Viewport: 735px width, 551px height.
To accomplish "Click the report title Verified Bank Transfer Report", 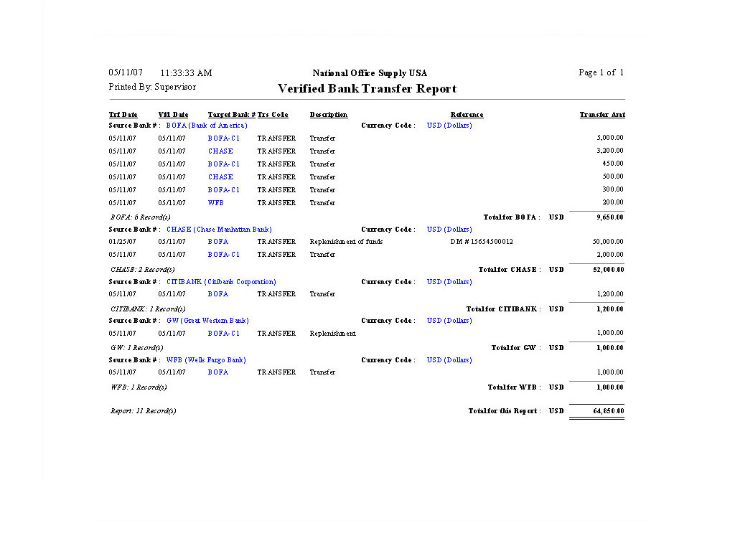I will point(367,89).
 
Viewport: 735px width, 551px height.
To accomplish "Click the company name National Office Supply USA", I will point(370,73).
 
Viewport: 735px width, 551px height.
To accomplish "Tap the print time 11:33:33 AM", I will point(186,73).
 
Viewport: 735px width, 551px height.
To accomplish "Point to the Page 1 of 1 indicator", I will point(601,72).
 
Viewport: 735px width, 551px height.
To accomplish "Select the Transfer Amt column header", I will point(602,115).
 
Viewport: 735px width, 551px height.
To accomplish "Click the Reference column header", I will point(467,115).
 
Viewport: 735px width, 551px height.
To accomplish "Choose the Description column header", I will point(329,115).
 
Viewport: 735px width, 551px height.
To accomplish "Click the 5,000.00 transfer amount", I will point(610,138).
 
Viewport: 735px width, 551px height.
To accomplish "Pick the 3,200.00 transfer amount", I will point(610,151).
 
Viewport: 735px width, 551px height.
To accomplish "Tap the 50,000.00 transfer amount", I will point(608,242).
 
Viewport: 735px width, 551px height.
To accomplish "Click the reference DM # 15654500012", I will point(482,242).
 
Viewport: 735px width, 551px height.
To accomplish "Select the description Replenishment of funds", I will point(346,242).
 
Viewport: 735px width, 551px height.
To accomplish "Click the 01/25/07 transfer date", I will point(122,242).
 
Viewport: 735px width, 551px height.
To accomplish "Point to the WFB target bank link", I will point(216,203).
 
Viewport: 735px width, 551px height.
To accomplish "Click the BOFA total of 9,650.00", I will point(610,217).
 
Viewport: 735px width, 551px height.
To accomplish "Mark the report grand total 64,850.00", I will point(609,411).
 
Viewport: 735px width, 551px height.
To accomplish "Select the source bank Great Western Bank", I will point(207,321).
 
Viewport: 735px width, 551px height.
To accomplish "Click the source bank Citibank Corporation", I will point(221,282).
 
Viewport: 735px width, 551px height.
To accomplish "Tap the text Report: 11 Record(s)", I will point(143,411).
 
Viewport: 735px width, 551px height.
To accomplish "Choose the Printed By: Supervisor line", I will point(152,87).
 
